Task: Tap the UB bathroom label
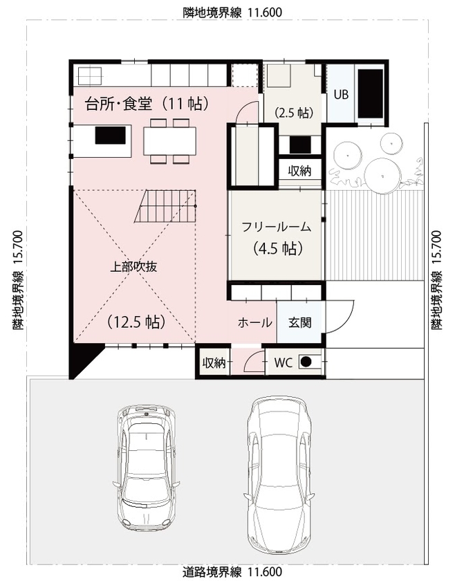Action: pos(341,95)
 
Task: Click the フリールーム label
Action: pos(276,226)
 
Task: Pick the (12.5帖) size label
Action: pos(136,322)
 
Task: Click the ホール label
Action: pos(254,322)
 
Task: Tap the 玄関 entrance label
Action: pos(299,322)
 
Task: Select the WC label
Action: pos(284,362)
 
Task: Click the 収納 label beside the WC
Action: pos(213,362)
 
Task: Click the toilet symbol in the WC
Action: pos(310,361)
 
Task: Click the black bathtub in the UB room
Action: pos(369,94)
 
